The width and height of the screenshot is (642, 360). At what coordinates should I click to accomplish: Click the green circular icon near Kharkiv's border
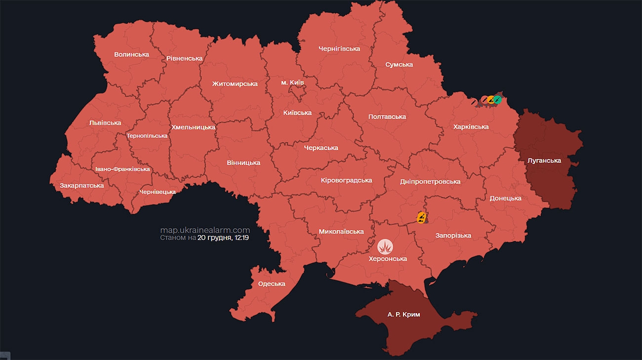click(497, 100)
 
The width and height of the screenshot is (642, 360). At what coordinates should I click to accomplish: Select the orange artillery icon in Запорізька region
click(421, 217)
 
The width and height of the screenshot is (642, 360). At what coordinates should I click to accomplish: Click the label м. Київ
click(292, 82)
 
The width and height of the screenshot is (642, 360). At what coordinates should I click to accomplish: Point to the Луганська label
click(544, 160)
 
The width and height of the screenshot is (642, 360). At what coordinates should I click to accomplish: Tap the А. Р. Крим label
click(404, 315)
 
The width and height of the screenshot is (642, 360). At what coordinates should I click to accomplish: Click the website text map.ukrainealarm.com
click(205, 230)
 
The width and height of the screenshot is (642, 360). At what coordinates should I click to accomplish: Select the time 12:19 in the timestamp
click(240, 238)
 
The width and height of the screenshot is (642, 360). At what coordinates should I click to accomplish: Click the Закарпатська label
click(82, 186)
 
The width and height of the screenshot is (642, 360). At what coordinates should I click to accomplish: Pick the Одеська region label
click(272, 284)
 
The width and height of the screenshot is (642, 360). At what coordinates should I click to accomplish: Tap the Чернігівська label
click(339, 49)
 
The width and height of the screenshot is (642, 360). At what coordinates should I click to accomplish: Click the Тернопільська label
click(147, 136)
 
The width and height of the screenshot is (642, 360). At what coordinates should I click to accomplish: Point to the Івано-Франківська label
click(122, 169)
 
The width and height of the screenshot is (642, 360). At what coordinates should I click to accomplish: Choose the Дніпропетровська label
click(430, 182)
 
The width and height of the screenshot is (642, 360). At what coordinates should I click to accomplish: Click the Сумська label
click(399, 65)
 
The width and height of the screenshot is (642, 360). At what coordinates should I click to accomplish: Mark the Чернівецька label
click(158, 192)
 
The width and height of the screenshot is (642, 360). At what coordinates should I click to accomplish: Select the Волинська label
click(131, 55)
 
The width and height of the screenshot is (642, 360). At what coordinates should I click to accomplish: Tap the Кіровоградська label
click(346, 180)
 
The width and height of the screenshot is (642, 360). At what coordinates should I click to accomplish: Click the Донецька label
click(506, 199)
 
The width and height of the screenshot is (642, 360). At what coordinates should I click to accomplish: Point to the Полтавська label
click(387, 117)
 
